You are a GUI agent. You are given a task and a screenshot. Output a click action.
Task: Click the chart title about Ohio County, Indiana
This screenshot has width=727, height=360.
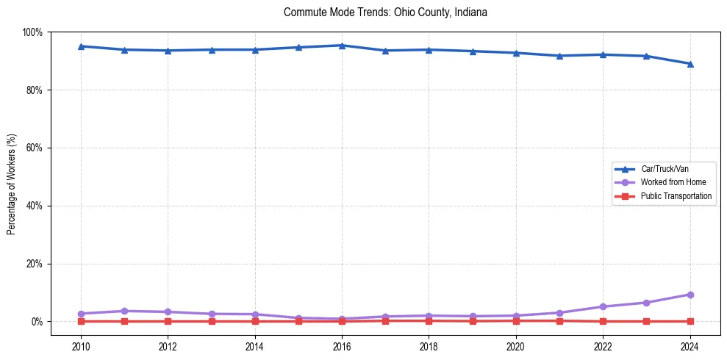pyautogui.click(x=385, y=12)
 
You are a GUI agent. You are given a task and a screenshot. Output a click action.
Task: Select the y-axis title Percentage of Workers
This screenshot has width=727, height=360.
pyautogui.click(x=11, y=184)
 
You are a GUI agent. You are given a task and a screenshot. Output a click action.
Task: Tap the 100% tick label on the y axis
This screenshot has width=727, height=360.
pyautogui.click(x=33, y=32)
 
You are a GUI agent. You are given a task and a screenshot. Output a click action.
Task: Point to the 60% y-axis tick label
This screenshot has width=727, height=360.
pyautogui.click(x=35, y=148)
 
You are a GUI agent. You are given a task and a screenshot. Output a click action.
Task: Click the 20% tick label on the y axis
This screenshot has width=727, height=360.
pyautogui.click(x=35, y=264)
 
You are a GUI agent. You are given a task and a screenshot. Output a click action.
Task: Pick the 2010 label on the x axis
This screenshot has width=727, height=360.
pyautogui.click(x=81, y=345)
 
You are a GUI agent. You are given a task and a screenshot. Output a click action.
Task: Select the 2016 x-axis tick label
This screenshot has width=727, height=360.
pyautogui.click(x=342, y=345)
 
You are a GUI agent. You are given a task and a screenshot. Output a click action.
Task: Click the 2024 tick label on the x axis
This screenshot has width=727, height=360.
pyautogui.click(x=690, y=345)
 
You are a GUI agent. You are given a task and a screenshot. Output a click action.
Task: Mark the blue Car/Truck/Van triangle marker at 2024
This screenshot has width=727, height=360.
pyautogui.click(x=690, y=64)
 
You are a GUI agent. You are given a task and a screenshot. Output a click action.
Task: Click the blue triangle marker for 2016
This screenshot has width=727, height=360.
pyautogui.click(x=342, y=46)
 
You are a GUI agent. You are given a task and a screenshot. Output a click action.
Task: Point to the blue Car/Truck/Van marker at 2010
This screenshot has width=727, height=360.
pyautogui.click(x=81, y=46)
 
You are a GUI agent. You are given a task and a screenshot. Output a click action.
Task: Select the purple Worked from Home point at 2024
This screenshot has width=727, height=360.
pyautogui.click(x=690, y=295)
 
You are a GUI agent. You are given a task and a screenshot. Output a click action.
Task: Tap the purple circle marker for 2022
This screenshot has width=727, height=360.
pyautogui.click(x=603, y=306)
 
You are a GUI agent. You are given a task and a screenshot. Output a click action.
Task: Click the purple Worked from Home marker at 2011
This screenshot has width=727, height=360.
pyautogui.click(x=124, y=311)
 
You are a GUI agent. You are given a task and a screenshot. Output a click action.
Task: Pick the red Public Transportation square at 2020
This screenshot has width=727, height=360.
pyautogui.click(x=516, y=320)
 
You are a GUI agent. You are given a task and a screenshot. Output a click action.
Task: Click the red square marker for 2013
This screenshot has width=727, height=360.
pyautogui.click(x=212, y=321)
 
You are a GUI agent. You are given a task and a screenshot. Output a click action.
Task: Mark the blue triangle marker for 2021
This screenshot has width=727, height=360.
pyautogui.click(x=559, y=56)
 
